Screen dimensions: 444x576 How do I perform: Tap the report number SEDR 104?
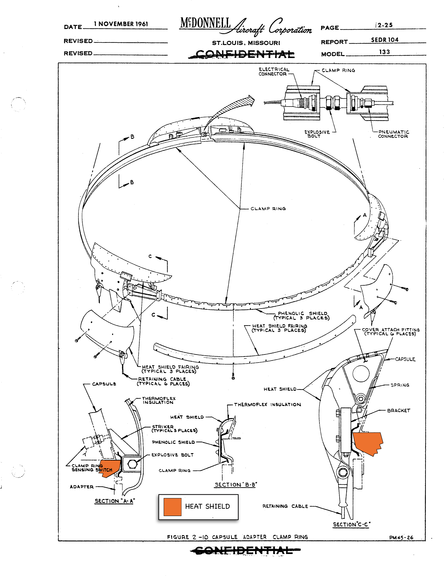pos(385,40)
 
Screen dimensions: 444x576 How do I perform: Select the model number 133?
pos(384,52)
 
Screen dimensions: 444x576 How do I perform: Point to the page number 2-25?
pos(385,25)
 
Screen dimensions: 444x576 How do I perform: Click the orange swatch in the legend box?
pos(172,507)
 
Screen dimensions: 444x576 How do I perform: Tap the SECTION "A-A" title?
pos(115,501)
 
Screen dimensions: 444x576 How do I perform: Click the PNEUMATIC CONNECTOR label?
pos(393,134)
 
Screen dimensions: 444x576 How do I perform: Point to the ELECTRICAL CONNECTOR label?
pos(274,72)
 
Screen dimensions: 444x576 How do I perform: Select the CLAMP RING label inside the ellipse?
pos(268,209)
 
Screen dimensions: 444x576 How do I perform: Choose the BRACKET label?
pos(399,411)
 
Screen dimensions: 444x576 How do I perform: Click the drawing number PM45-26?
pos(401,538)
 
